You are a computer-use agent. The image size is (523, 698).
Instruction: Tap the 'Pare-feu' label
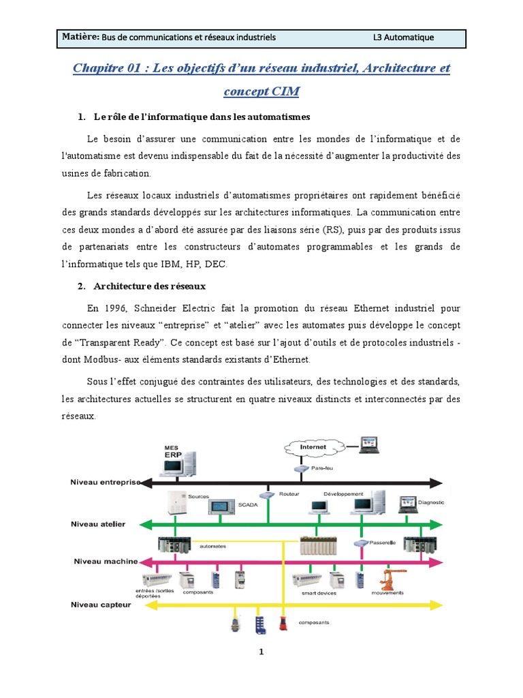(x=322, y=468)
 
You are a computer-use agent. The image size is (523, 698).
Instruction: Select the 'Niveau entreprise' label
(x=105, y=482)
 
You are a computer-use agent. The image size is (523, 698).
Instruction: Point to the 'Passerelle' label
(x=383, y=543)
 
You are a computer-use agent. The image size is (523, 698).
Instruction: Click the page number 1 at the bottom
(x=261, y=652)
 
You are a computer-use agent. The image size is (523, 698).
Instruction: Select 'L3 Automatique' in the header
(x=403, y=37)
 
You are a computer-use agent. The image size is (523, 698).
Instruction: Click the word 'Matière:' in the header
(x=80, y=37)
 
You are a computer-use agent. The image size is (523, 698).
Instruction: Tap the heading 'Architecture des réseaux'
(x=149, y=286)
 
